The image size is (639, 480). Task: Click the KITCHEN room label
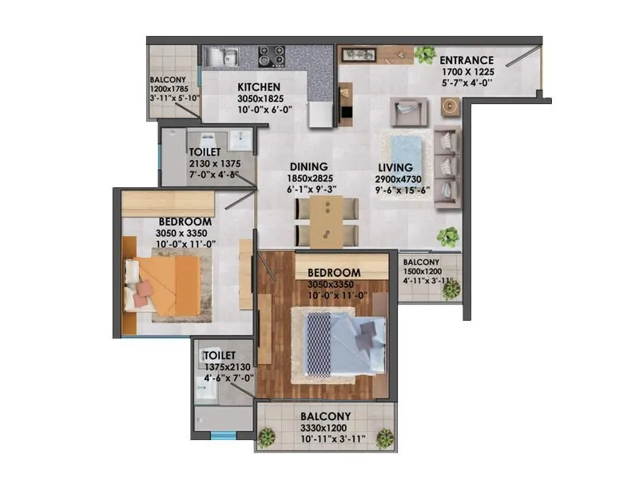[x=257, y=86]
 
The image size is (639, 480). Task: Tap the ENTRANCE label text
[x=466, y=60]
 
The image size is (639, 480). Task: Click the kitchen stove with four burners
[x=271, y=56]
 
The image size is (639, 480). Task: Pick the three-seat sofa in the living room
[x=447, y=168]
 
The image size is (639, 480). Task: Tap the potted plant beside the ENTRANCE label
[x=423, y=54]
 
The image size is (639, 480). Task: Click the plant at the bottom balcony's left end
[x=267, y=437]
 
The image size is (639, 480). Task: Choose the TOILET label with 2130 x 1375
[x=205, y=151]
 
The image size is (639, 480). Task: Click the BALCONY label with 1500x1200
[x=421, y=262]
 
